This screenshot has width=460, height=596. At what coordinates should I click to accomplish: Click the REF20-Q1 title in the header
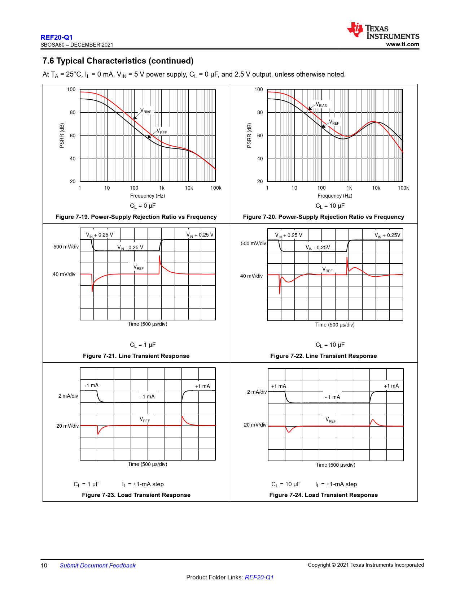(x=57, y=37)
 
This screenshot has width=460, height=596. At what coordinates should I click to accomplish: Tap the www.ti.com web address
(x=402, y=44)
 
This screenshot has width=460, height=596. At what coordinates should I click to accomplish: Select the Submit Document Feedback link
(x=97, y=565)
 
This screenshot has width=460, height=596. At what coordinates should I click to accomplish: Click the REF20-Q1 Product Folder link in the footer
(x=259, y=577)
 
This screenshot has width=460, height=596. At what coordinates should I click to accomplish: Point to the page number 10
(x=44, y=565)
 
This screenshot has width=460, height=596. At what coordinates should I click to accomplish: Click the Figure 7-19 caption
(x=136, y=217)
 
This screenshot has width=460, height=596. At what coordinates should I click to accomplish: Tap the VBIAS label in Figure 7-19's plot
(x=146, y=111)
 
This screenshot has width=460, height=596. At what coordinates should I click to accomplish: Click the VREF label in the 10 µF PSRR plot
(x=334, y=122)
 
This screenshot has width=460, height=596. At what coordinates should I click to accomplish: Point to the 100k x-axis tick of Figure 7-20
(x=403, y=188)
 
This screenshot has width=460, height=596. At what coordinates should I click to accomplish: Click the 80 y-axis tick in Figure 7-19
(x=73, y=112)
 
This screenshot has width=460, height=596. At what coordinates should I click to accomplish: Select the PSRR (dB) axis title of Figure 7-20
(x=249, y=135)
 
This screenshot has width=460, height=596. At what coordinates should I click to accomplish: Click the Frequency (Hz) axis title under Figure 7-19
(x=147, y=196)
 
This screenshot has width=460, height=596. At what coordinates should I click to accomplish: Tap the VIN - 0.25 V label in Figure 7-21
(x=130, y=247)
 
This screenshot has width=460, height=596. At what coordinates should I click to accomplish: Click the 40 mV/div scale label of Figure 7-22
(x=251, y=276)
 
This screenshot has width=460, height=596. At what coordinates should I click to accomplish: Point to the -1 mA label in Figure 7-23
(x=147, y=397)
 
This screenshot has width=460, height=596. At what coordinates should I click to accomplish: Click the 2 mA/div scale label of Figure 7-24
(x=257, y=392)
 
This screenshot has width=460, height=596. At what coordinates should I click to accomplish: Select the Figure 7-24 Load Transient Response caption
(x=323, y=495)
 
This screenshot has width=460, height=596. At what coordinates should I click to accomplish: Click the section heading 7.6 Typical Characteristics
(x=118, y=61)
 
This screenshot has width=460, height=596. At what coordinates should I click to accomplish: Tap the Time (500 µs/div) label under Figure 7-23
(x=147, y=464)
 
